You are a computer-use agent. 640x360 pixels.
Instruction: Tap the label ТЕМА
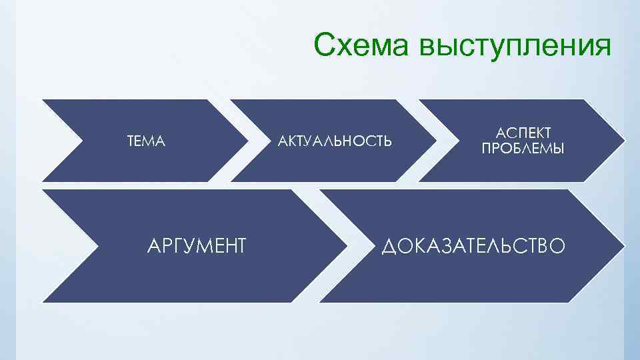(x=146, y=141)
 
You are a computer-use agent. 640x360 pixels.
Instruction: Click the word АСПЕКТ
(x=523, y=134)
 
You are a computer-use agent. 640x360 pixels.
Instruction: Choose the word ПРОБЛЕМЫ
(x=523, y=149)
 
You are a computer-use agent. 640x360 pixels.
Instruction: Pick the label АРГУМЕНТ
(x=195, y=246)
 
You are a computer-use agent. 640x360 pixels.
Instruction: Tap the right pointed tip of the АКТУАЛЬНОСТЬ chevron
(x=437, y=141)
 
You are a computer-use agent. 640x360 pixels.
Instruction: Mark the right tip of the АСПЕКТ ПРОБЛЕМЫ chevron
(x=625, y=141)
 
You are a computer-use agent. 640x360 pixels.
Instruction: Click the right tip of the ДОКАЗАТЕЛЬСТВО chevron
(x=624, y=245)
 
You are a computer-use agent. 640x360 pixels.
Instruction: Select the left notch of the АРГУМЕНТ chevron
(x=98, y=245)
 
